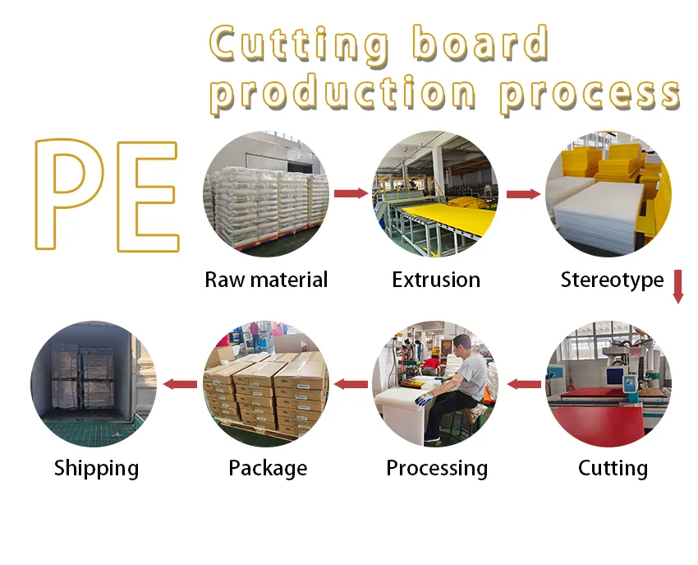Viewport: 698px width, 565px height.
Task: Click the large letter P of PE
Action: click(x=72, y=196)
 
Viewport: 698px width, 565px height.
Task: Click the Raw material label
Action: click(x=266, y=280)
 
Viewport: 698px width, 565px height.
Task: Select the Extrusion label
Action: click(x=436, y=280)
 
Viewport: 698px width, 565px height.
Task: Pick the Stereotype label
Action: click(x=612, y=280)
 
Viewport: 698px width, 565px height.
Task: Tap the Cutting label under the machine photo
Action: click(x=613, y=468)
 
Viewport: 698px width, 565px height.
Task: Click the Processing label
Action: click(x=437, y=468)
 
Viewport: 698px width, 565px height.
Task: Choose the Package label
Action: click(x=268, y=468)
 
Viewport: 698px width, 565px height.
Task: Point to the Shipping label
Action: click(x=96, y=468)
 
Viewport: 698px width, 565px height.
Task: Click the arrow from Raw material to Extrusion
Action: click(x=351, y=193)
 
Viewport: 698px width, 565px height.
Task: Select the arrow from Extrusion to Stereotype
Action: click(x=522, y=194)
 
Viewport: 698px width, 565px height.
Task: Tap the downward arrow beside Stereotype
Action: click(x=678, y=285)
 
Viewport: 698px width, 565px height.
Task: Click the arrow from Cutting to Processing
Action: click(x=524, y=384)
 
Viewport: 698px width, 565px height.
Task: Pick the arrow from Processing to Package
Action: click(x=351, y=384)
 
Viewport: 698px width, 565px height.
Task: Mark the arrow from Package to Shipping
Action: click(x=180, y=384)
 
